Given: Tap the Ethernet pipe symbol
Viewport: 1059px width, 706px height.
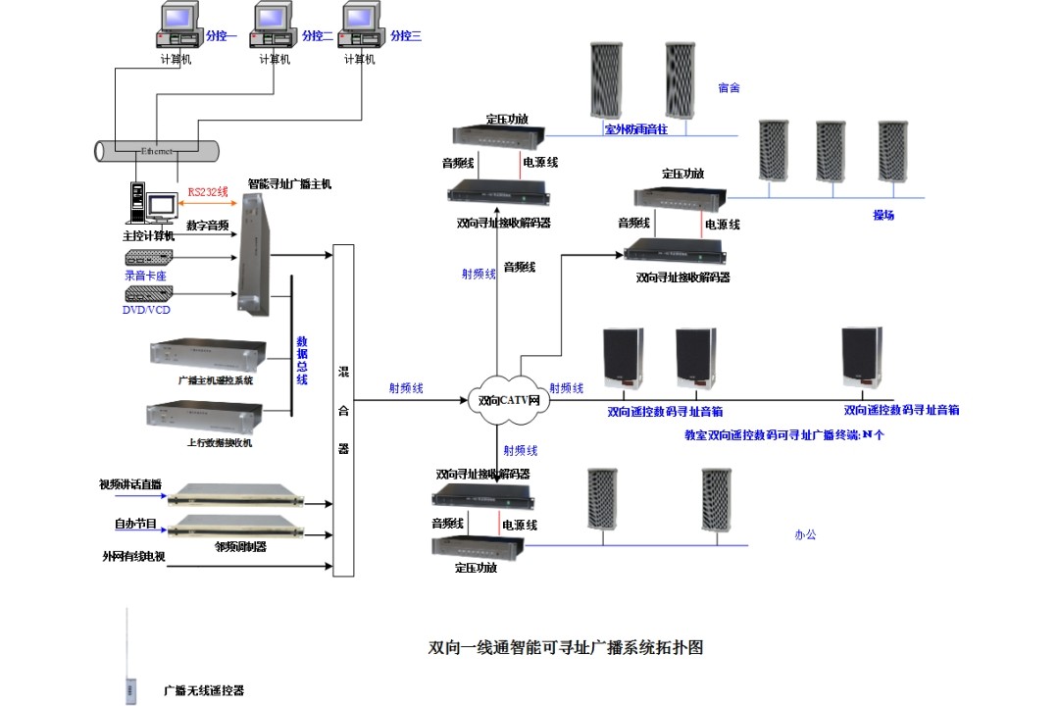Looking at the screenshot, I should coord(157,151).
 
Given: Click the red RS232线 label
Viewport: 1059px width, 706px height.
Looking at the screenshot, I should coord(208,191).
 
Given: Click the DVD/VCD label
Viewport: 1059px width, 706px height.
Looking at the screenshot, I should coord(147,311).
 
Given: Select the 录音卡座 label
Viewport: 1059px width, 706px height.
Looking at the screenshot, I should coord(145,276).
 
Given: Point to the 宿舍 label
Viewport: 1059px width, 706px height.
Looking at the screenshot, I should coord(729,88).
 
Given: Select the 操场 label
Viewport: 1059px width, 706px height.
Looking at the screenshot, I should coord(883,215).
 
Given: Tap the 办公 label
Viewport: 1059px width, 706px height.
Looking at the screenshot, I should coord(805,534).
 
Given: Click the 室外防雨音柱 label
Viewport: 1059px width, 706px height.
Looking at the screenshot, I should coord(635,128).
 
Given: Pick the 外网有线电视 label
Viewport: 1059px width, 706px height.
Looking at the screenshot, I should coord(132,556).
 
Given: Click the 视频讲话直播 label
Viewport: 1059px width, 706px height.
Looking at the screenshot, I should coord(130,484).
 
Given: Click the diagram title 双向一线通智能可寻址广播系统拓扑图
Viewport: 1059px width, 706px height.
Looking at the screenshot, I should coord(567,647).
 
